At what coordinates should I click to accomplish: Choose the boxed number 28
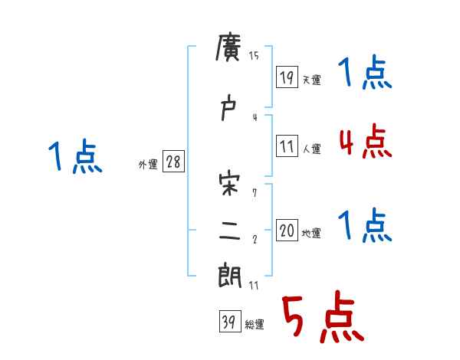173,162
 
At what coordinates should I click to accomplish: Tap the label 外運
147,165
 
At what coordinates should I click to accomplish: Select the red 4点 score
365,141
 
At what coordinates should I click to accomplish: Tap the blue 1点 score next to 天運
365,74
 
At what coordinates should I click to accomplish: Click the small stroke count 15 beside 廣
255,55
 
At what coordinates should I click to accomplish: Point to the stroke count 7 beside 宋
255,192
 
